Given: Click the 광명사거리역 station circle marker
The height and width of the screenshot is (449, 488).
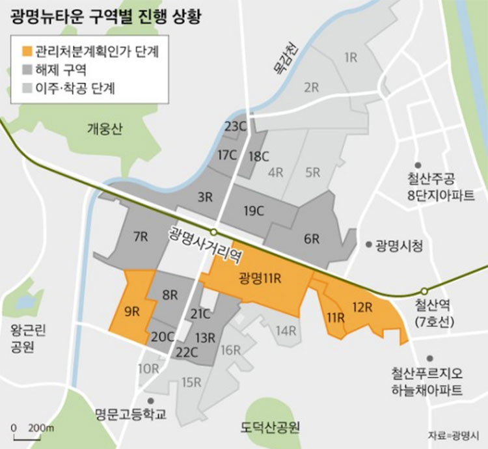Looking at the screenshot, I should (x=213, y=232).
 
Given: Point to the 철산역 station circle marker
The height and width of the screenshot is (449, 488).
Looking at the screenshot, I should (x=424, y=291).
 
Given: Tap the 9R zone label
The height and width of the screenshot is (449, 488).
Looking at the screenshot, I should (x=132, y=311).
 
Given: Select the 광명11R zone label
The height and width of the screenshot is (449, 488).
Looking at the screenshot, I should (x=260, y=279).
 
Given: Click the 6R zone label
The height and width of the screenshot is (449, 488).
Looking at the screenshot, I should (x=312, y=239).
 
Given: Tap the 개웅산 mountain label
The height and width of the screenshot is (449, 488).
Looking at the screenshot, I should (x=103, y=128).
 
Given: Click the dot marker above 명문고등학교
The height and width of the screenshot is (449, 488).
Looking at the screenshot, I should (x=151, y=400).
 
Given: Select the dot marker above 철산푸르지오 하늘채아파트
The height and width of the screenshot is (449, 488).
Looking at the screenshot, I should (x=428, y=358).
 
